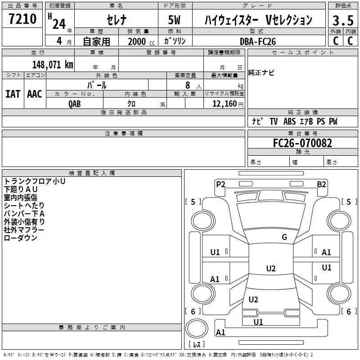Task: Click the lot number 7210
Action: tap(22, 19)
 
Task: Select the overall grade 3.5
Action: tap(343, 20)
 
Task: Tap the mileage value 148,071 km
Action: tap(53, 65)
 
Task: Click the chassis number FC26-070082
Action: tap(302, 143)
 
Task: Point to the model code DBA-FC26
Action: tap(258, 41)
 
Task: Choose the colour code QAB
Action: tap(75, 104)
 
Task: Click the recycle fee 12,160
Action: tap(224, 104)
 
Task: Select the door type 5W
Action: tap(174, 20)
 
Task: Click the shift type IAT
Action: tap(13, 94)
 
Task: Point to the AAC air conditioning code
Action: tap(35, 94)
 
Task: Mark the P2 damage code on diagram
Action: tap(220, 184)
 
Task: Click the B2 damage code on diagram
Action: tap(321, 184)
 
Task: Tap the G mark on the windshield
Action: tap(284, 237)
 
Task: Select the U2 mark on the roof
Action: tap(271, 268)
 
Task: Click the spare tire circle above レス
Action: tap(197, 328)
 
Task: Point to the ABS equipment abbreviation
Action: tap(289, 121)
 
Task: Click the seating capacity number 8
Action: tap(188, 85)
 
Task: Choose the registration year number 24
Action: tap(59, 24)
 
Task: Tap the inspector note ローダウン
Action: tap(21, 238)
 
